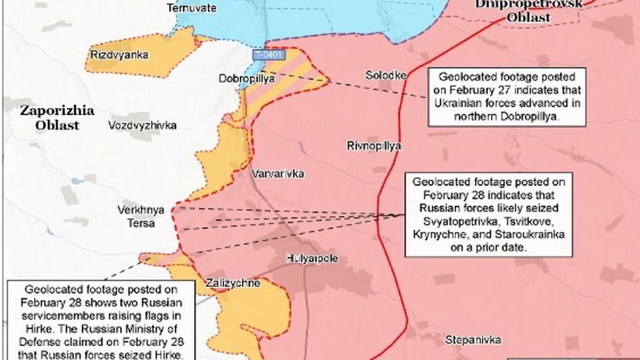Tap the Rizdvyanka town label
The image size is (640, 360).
click(x=119, y=54)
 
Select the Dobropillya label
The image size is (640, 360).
click(x=247, y=79)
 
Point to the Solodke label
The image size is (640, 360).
click(x=386, y=74)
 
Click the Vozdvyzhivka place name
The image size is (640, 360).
click(x=142, y=125)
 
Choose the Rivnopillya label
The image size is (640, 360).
click(x=374, y=146)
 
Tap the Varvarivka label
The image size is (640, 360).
click(x=277, y=173)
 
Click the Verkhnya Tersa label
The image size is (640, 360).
click(x=136, y=217)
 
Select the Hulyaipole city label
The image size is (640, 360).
click(x=312, y=258)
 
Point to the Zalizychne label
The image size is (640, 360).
click(x=233, y=283)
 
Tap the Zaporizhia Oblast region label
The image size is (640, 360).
click(x=49, y=117)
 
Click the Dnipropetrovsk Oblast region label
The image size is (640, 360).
click(x=519, y=11)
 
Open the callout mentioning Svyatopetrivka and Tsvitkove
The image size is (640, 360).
click(x=490, y=215)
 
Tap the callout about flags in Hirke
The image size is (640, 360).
click(x=101, y=320)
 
